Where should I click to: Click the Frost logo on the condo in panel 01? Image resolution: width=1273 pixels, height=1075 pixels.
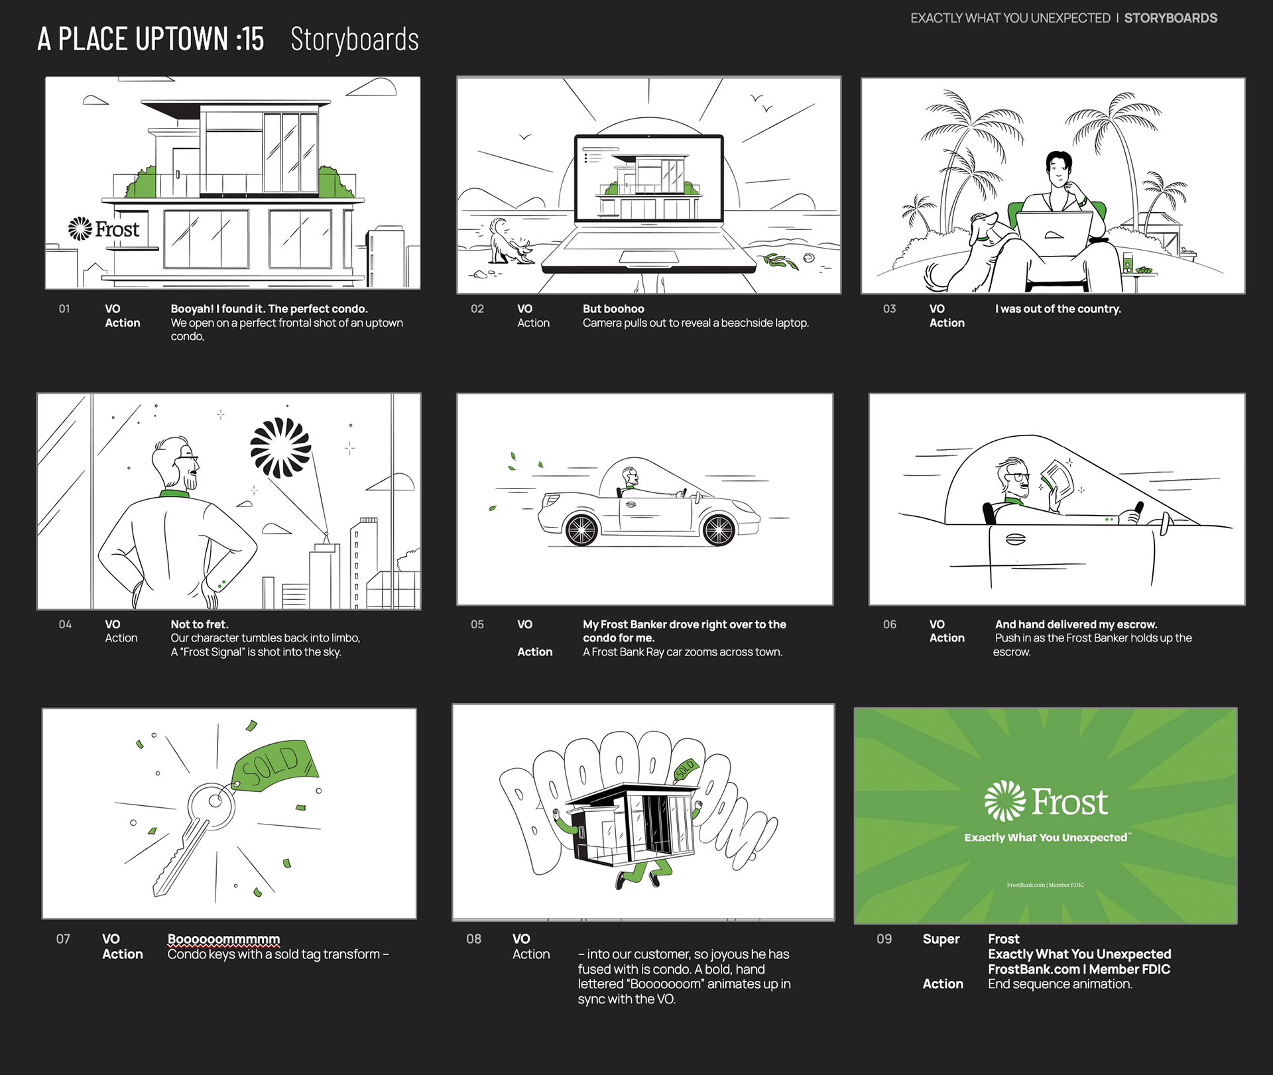[104, 229]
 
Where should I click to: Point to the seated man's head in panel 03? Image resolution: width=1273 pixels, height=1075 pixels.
[1059, 169]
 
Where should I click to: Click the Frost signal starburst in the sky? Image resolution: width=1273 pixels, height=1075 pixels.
[280, 448]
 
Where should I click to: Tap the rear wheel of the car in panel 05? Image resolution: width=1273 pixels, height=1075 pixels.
[581, 530]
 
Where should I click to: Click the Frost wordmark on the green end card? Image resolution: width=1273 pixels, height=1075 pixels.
[1069, 802]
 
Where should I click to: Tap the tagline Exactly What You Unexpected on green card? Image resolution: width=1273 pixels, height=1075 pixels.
[1046, 838]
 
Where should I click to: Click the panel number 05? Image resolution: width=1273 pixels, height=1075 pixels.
[477, 624]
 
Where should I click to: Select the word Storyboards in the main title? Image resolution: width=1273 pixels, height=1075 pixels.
[355, 40]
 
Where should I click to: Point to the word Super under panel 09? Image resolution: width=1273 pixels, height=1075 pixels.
[941, 939]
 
